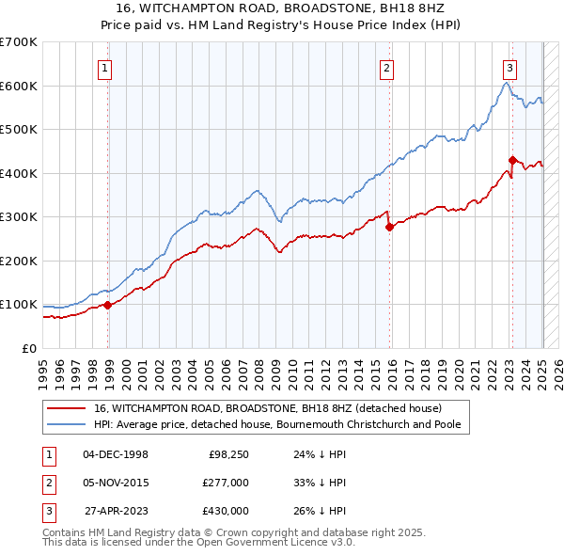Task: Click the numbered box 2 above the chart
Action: click(386, 68)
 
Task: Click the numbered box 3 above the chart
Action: click(509, 68)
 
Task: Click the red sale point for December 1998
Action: click(108, 305)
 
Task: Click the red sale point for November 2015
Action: click(390, 227)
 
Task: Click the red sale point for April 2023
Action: click(512, 160)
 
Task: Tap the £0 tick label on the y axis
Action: click(29, 348)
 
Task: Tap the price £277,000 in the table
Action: click(225, 483)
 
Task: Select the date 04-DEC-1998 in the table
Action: click(116, 454)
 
